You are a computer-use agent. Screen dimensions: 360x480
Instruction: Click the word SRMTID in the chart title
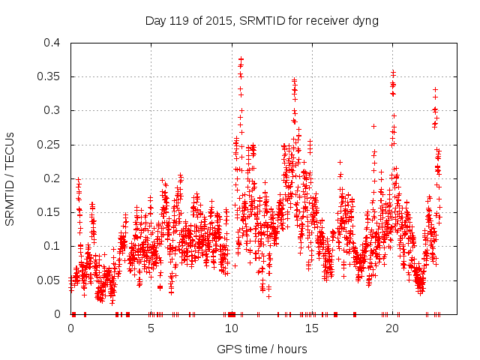pos(262,20)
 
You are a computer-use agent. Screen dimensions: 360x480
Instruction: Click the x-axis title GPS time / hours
pos(262,349)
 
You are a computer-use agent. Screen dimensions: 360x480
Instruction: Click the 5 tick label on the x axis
pos(151,328)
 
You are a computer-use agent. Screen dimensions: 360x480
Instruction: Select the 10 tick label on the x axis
pos(232,328)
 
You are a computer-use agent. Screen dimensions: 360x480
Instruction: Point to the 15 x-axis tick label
pos(312,328)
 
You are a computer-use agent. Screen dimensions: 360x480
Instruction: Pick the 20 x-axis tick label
pos(392,328)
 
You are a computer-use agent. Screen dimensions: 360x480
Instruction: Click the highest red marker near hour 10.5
pos(241,58)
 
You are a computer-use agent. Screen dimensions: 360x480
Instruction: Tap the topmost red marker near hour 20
pos(393,72)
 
